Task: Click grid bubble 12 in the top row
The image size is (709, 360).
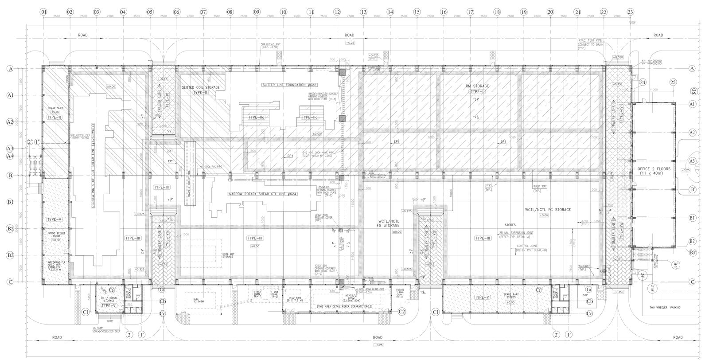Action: tap(337, 12)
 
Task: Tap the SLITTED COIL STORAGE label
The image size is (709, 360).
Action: tap(201, 88)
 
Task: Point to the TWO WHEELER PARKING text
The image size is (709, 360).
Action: tap(665, 307)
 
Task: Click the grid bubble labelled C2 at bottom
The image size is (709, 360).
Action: tap(402, 312)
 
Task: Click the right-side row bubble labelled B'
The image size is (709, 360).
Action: tap(692, 189)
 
